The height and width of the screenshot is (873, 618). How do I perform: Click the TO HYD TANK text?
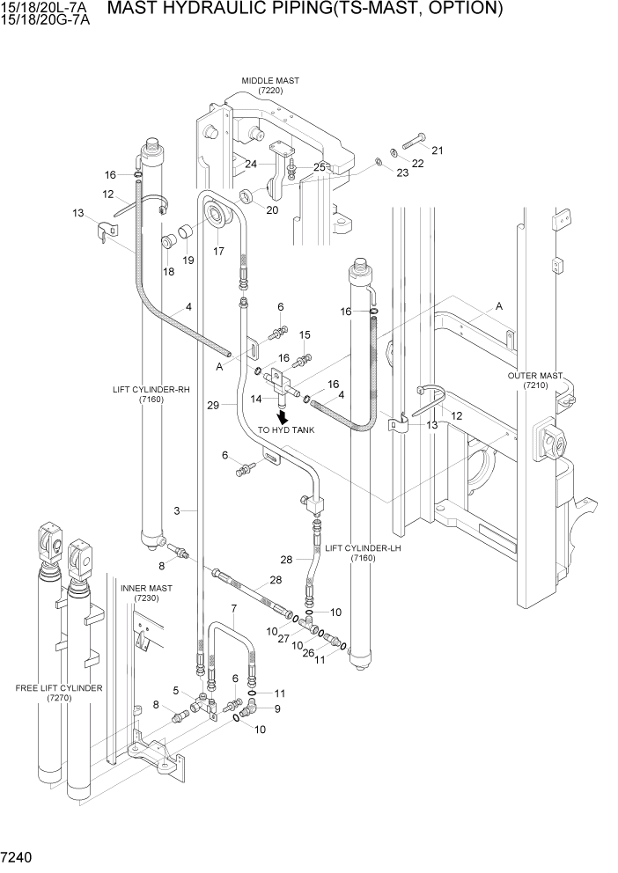click(286, 430)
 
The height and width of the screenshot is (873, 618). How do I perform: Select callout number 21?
click(437, 150)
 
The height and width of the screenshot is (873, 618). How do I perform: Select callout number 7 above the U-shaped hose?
click(234, 609)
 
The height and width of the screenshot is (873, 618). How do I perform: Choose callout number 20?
click(272, 210)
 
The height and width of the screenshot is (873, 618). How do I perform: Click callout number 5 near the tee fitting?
click(176, 690)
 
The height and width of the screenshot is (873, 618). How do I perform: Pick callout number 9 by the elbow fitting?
click(277, 708)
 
